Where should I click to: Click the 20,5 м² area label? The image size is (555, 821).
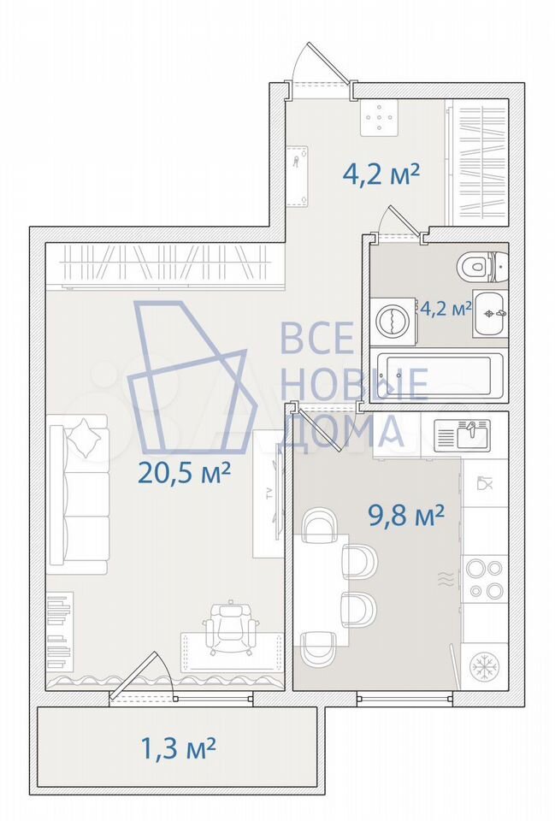pyautogui.click(x=184, y=474)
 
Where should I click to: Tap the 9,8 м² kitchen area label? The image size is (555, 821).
pyautogui.click(x=406, y=517)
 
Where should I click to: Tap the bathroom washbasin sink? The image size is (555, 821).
pyautogui.click(x=491, y=314)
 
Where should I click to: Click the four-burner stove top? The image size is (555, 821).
pyautogui.click(x=484, y=579)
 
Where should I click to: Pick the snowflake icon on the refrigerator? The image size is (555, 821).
pyautogui.click(x=484, y=666)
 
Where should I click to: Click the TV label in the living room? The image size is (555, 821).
pyautogui.click(x=270, y=493)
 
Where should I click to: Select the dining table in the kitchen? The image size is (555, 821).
pyautogui.click(x=321, y=589)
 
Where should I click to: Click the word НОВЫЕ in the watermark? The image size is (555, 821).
pyautogui.click(x=355, y=384)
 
